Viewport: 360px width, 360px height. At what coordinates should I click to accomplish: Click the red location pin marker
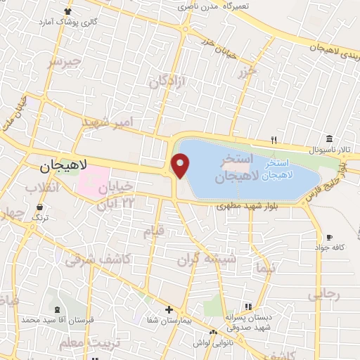[x=181, y=165]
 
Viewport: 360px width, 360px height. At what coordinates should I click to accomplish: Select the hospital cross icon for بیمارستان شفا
[x=169, y=309]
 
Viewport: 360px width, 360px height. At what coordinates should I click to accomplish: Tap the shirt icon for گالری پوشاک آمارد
[x=67, y=11]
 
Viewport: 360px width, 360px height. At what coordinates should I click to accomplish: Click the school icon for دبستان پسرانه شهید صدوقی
[x=247, y=307]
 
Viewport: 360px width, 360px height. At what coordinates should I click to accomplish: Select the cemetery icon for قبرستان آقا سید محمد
[x=56, y=310]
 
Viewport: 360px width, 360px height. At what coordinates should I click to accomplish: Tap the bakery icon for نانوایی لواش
[x=213, y=332]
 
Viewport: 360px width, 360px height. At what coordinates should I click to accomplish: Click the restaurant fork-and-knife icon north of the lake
[x=275, y=139]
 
